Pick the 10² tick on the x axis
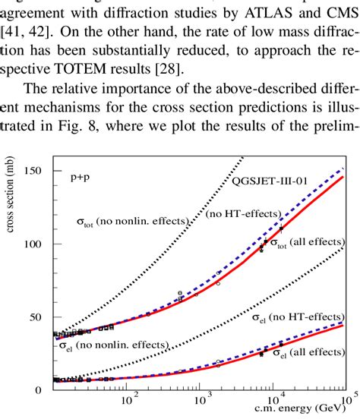[130, 397]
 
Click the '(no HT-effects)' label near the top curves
[242, 216]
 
